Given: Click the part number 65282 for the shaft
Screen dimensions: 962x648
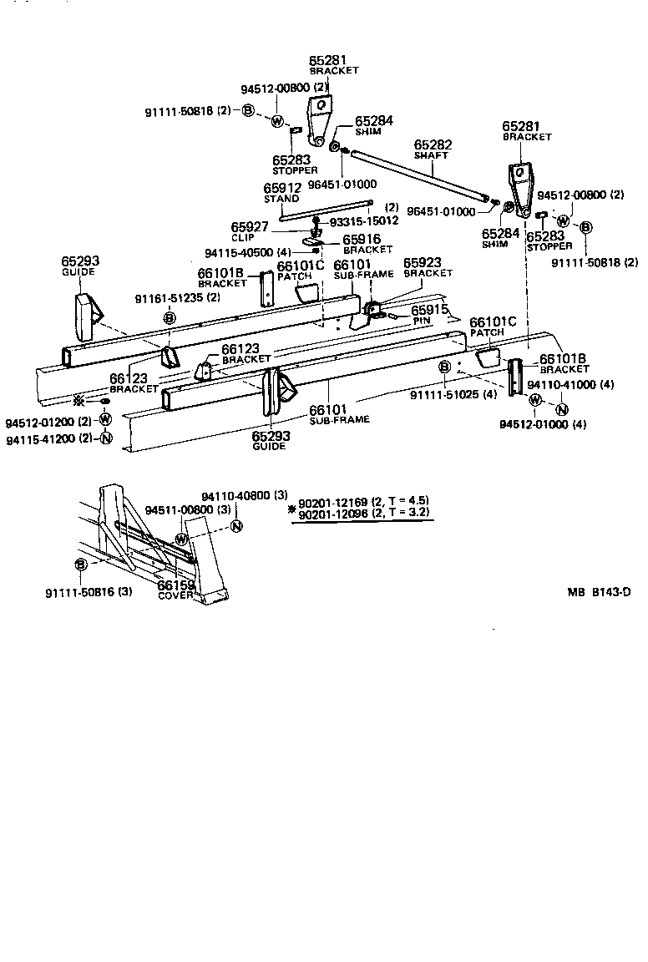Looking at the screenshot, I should point(431,144).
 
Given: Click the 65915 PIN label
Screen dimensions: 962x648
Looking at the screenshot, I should point(429,311).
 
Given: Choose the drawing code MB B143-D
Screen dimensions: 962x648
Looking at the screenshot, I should point(599,593).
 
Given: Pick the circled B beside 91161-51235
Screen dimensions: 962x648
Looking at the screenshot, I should point(169,317).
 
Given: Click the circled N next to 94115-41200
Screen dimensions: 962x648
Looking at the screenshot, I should point(105,438).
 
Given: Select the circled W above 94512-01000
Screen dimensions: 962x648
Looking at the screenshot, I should point(535,403).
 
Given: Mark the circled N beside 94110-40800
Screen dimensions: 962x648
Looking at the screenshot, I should point(236,526).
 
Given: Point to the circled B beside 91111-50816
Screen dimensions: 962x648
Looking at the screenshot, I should point(81,565).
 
